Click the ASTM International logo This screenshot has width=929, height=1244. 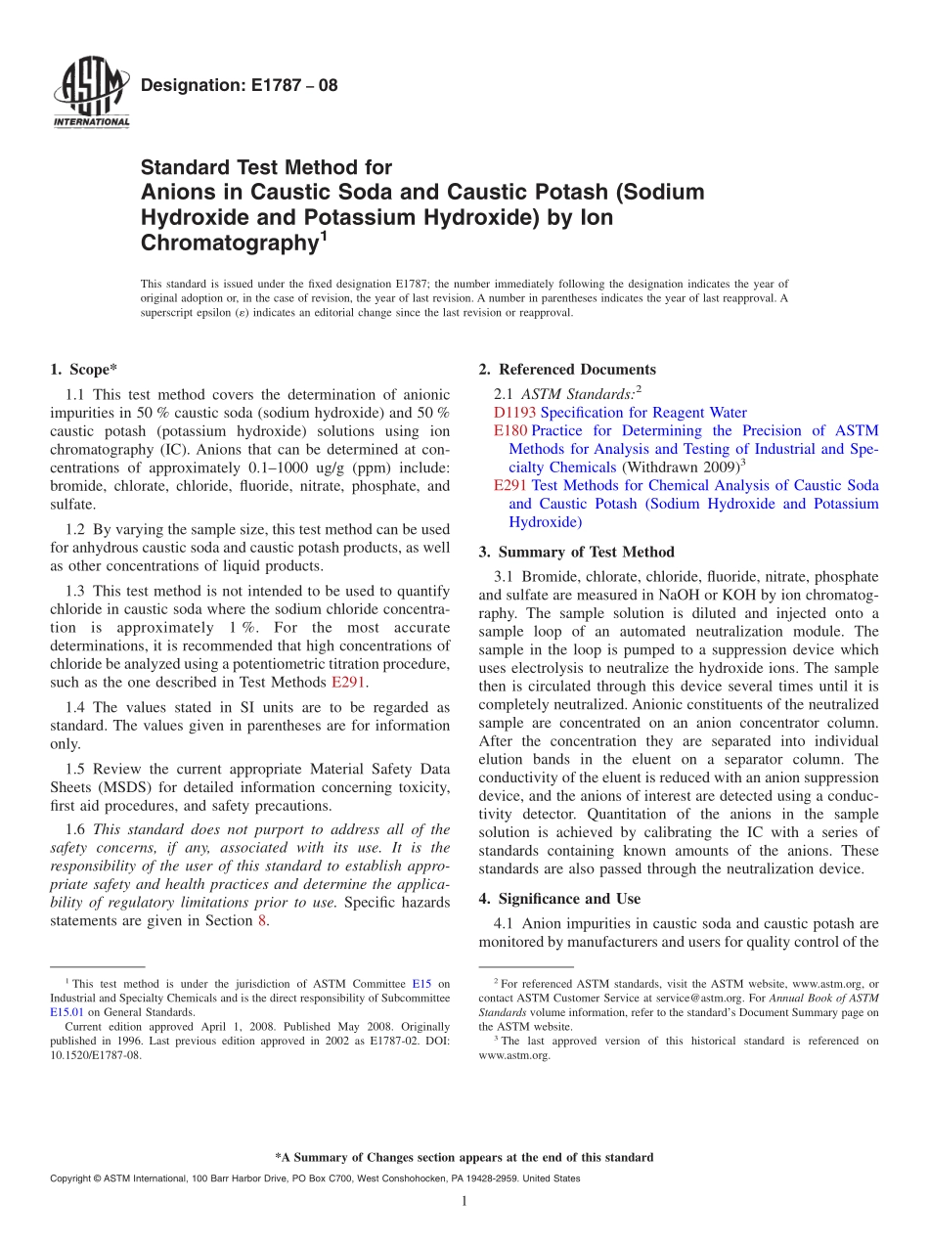pos(90,93)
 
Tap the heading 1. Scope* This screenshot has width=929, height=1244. pos(83,369)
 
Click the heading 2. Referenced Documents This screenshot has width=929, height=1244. pos(567,369)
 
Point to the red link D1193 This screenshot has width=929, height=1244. pos(514,413)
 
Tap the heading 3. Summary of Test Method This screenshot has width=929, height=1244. pos(576,552)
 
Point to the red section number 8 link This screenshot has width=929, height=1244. pos(261,920)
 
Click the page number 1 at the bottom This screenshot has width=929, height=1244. pos(464,1201)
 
